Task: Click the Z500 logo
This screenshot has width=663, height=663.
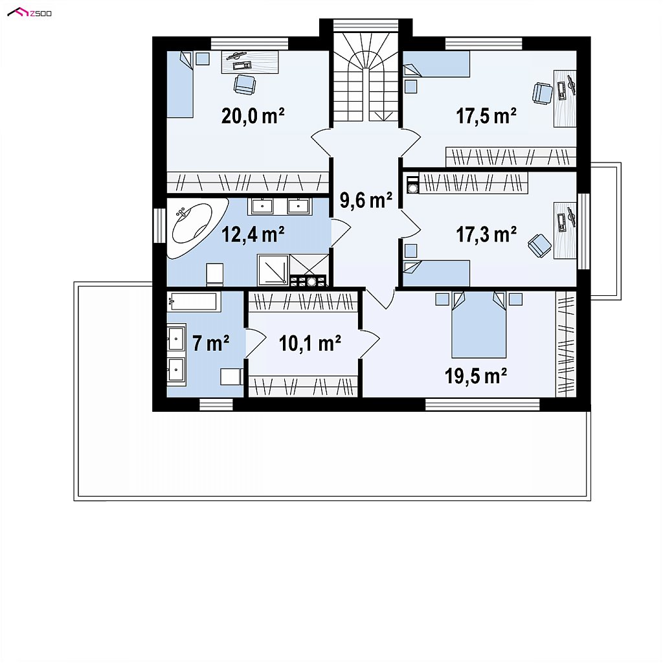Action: click(x=30, y=13)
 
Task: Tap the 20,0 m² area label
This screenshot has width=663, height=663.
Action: click(x=253, y=115)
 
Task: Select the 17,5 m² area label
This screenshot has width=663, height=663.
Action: click(x=486, y=115)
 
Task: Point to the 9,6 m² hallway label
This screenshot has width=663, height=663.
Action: click(x=366, y=199)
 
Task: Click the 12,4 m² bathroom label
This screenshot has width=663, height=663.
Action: click(x=253, y=234)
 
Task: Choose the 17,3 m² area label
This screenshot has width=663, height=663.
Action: click(x=486, y=234)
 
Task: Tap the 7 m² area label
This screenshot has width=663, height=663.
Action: click(x=211, y=343)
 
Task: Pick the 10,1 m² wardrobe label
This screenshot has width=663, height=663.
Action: click(x=310, y=343)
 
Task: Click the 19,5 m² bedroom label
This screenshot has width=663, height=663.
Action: click(x=476, y=376)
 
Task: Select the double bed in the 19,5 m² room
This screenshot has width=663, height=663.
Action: click(x=478, y=325)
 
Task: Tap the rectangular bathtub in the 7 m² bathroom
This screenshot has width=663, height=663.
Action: click(x=194, y=302)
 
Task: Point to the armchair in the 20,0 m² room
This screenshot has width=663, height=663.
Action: click(x=244, y=85)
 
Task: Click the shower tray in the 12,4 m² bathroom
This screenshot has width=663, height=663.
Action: click(x=273, y=270)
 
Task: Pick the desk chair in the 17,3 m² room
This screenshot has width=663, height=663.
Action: click(x=539, y=245)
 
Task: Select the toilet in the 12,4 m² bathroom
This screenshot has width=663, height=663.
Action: click(x=214, y=274)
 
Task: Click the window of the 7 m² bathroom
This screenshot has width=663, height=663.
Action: click(x=216, y=405)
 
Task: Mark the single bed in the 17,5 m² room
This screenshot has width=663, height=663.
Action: click(x=436, y=64)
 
